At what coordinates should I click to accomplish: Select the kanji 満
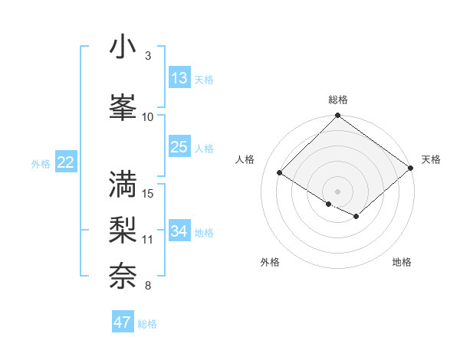(x=123, y=183)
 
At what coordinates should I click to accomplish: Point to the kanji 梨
(x=123, y=229)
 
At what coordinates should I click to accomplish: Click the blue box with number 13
(x=179, y=78)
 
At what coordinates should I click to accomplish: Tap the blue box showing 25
(x=179, y=147)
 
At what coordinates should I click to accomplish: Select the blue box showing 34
(x=179, y=231)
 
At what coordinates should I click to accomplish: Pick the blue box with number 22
(x=66, y=162)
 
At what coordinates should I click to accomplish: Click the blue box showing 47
(x=123, y=322)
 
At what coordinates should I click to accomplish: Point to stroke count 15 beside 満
(x=149, y=193)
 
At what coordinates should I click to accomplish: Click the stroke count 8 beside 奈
(x=148, y=286)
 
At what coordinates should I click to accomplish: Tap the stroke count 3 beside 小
(x=148, y=56)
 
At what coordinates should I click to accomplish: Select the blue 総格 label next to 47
(x=147, y=324)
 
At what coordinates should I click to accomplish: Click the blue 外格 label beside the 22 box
(x=41, y=163)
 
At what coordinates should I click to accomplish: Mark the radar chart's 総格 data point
(x=337, y=116)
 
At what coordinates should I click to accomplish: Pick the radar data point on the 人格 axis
(x=280, y=172)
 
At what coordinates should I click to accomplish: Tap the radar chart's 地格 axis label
(x=402, y=263)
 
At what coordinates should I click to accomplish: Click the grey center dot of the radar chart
(x=337, y=191)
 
